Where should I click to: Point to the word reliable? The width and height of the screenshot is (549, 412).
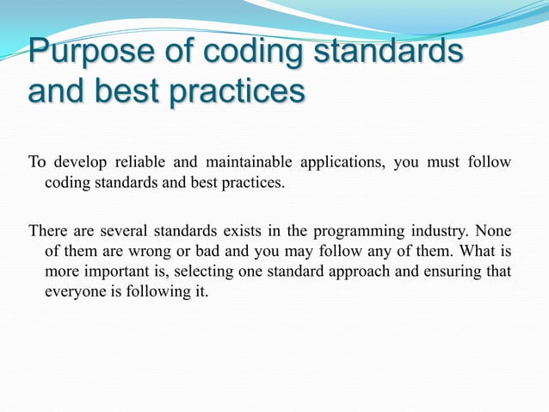point(140,162)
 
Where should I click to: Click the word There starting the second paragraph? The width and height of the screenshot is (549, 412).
point(46,230)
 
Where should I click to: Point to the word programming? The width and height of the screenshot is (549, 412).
point(350,230)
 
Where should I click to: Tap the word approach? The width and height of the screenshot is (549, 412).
point(366,272)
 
